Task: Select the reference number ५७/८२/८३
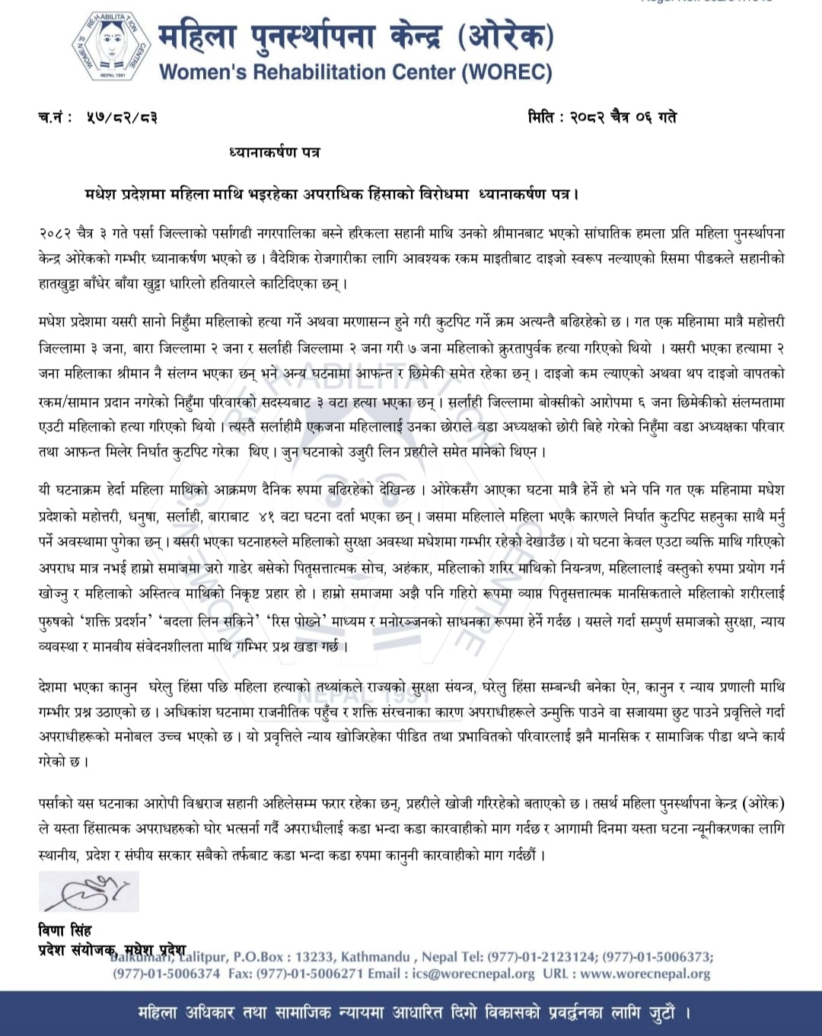pos(122,118)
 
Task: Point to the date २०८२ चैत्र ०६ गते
pos(623,117)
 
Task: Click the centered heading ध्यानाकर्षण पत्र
pos(275,152)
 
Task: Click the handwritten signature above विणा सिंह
pos(88,891)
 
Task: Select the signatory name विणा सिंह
pos(65,930)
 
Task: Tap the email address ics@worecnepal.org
pos(473,974)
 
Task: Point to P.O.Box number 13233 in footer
pos(314,957)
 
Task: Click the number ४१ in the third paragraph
pos(266,516)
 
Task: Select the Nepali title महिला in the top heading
pos(198,37)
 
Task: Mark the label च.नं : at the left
pos(55,118)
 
